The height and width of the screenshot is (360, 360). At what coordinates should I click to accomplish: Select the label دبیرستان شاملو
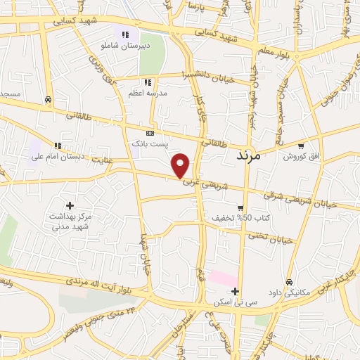[126, 45]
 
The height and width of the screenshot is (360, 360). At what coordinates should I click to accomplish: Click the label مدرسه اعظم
[147, 92]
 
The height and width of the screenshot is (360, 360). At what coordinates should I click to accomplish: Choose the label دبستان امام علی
[57, 156]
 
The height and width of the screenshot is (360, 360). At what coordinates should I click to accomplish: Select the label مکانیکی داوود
[290, 292]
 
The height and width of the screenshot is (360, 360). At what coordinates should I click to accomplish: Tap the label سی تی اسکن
[235, 302]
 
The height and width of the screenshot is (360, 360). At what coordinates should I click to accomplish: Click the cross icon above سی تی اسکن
[235, 291]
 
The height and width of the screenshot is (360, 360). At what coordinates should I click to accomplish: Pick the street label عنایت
[102, 161]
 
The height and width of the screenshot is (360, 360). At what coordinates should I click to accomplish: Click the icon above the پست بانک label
[150, 133]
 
